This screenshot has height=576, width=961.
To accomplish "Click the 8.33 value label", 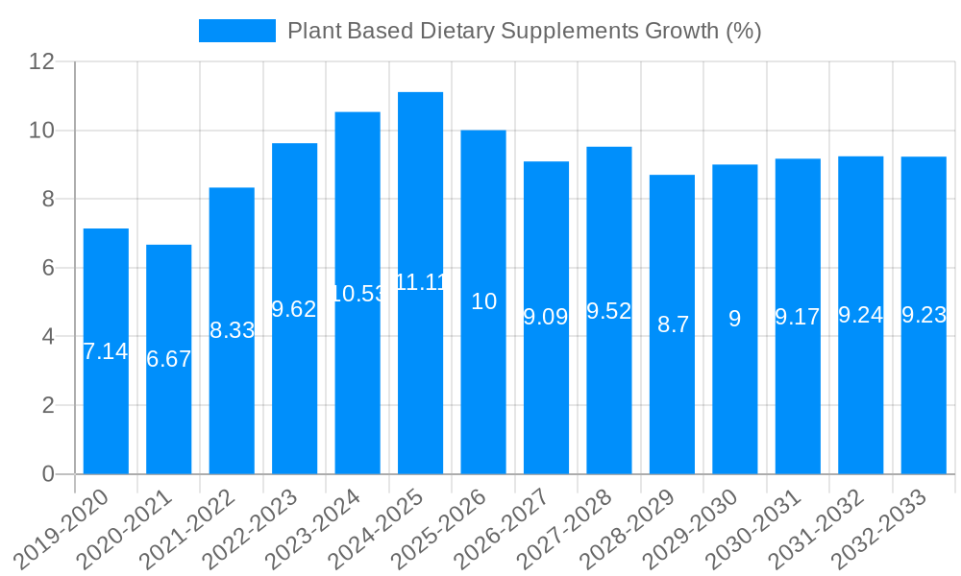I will [232, 330].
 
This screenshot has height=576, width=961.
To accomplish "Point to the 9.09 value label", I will [546, 317].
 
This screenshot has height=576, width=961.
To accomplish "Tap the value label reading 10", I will [483, 301].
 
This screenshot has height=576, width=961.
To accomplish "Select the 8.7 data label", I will [673, 324].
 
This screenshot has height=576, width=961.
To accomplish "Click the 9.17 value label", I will [799, 316].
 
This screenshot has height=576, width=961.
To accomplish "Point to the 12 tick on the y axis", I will [41, 61].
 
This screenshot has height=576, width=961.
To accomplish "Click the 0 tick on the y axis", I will [48, 474].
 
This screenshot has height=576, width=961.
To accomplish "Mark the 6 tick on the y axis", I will [48, 268].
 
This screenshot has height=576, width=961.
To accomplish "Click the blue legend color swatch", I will [236, 31].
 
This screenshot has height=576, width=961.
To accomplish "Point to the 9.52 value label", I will [609, 311].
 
